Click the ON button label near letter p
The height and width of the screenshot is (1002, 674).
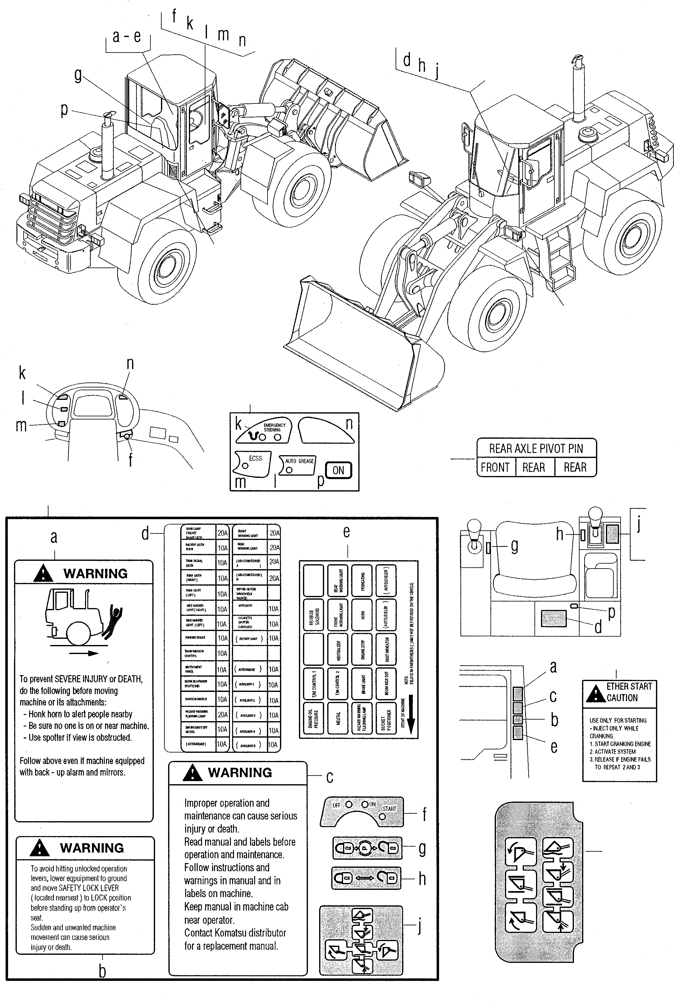[338, 470]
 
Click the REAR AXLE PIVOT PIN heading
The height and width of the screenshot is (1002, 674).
[536, 449]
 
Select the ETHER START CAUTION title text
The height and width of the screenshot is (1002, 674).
[628, 692]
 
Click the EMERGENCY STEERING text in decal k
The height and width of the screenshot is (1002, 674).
[274, 427]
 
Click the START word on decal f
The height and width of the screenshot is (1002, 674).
[389, 809]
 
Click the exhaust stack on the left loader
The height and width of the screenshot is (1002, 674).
[107, 150]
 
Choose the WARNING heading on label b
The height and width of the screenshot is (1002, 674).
[92, 848]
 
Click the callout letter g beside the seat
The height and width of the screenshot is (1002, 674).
[514, 547]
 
